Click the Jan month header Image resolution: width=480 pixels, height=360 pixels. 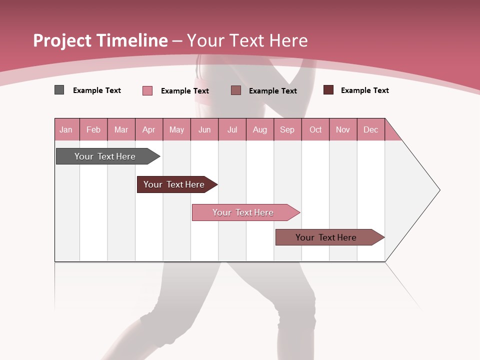[x=66, y=129]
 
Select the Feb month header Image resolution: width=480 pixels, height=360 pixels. [x=93, y=129]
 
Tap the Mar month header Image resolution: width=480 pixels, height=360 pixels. [x=121, y=129]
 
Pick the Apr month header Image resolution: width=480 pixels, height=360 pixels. [x=149, y=129]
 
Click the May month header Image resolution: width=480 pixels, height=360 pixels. [x=176, y=129]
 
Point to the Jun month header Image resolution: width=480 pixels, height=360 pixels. [x=204, y=129]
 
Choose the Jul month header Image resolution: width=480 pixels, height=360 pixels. [x=232, y=129]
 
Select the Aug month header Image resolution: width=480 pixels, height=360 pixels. [x=260, y=129]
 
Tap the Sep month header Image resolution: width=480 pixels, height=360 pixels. [x=287, y=129]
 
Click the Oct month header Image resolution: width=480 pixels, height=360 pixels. [x=315, y=129]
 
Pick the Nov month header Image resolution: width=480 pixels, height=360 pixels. [x=343, y=129]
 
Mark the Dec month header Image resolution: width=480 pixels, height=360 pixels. [x=371, y=129]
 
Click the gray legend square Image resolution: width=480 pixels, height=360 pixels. [x=59, y=90]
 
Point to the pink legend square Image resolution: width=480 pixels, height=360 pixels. [x=147, y=90]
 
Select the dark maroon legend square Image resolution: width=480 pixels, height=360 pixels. [x=328, y=90]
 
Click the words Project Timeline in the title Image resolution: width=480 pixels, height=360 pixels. [x=100, y=40]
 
